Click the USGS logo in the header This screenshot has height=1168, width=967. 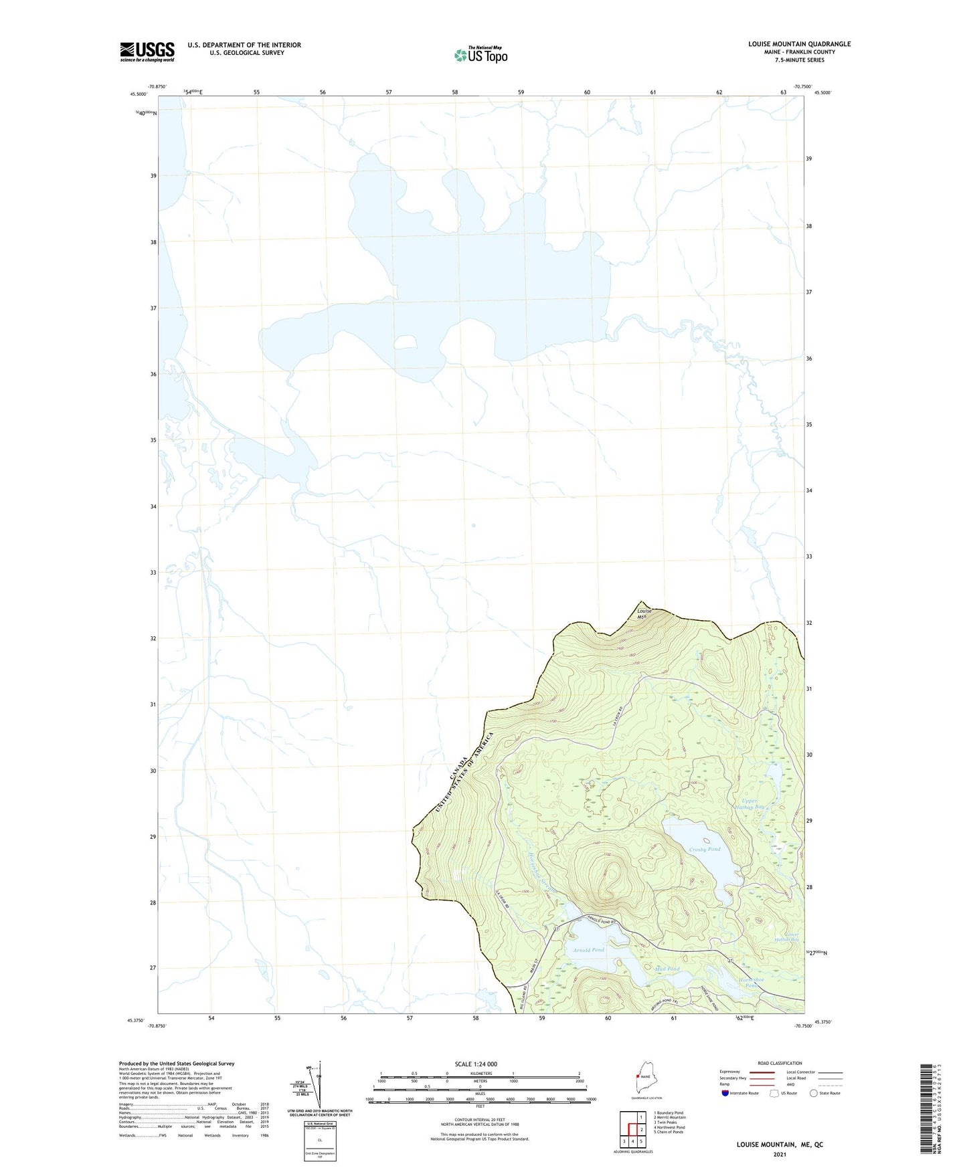tap(147, 52)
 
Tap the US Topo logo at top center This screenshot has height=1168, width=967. tap(480, 55)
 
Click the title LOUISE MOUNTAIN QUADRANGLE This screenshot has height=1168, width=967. tap(799, 44)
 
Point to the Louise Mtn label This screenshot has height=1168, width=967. tap(644, 613)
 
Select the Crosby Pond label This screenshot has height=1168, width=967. tap(705, 850)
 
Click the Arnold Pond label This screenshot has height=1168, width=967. tap(588, 950)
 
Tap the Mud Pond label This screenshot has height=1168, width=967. tap(668, 969)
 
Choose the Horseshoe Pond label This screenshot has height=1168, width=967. tap(751, 983)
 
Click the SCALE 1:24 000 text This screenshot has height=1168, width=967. tap(476, 1064)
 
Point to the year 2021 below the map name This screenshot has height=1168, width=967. tap(780, 1154)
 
